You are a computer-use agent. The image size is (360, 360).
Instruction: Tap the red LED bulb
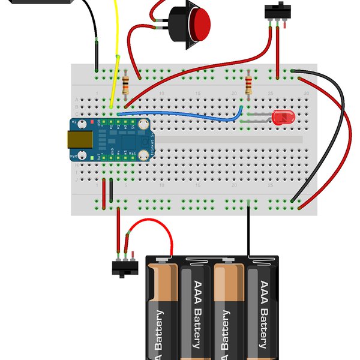[280, 117]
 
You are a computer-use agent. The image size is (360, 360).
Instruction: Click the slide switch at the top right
[276, 13]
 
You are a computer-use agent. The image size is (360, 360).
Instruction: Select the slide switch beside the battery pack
[124, 267]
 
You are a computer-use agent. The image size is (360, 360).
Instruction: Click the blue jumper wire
[180, 115]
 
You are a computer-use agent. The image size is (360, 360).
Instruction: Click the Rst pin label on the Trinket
[132, 154]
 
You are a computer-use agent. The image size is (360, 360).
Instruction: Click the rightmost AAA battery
[262, 312]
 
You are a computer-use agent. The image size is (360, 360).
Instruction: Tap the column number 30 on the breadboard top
[307, 93]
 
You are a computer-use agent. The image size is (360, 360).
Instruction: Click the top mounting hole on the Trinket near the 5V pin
[144, 124]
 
